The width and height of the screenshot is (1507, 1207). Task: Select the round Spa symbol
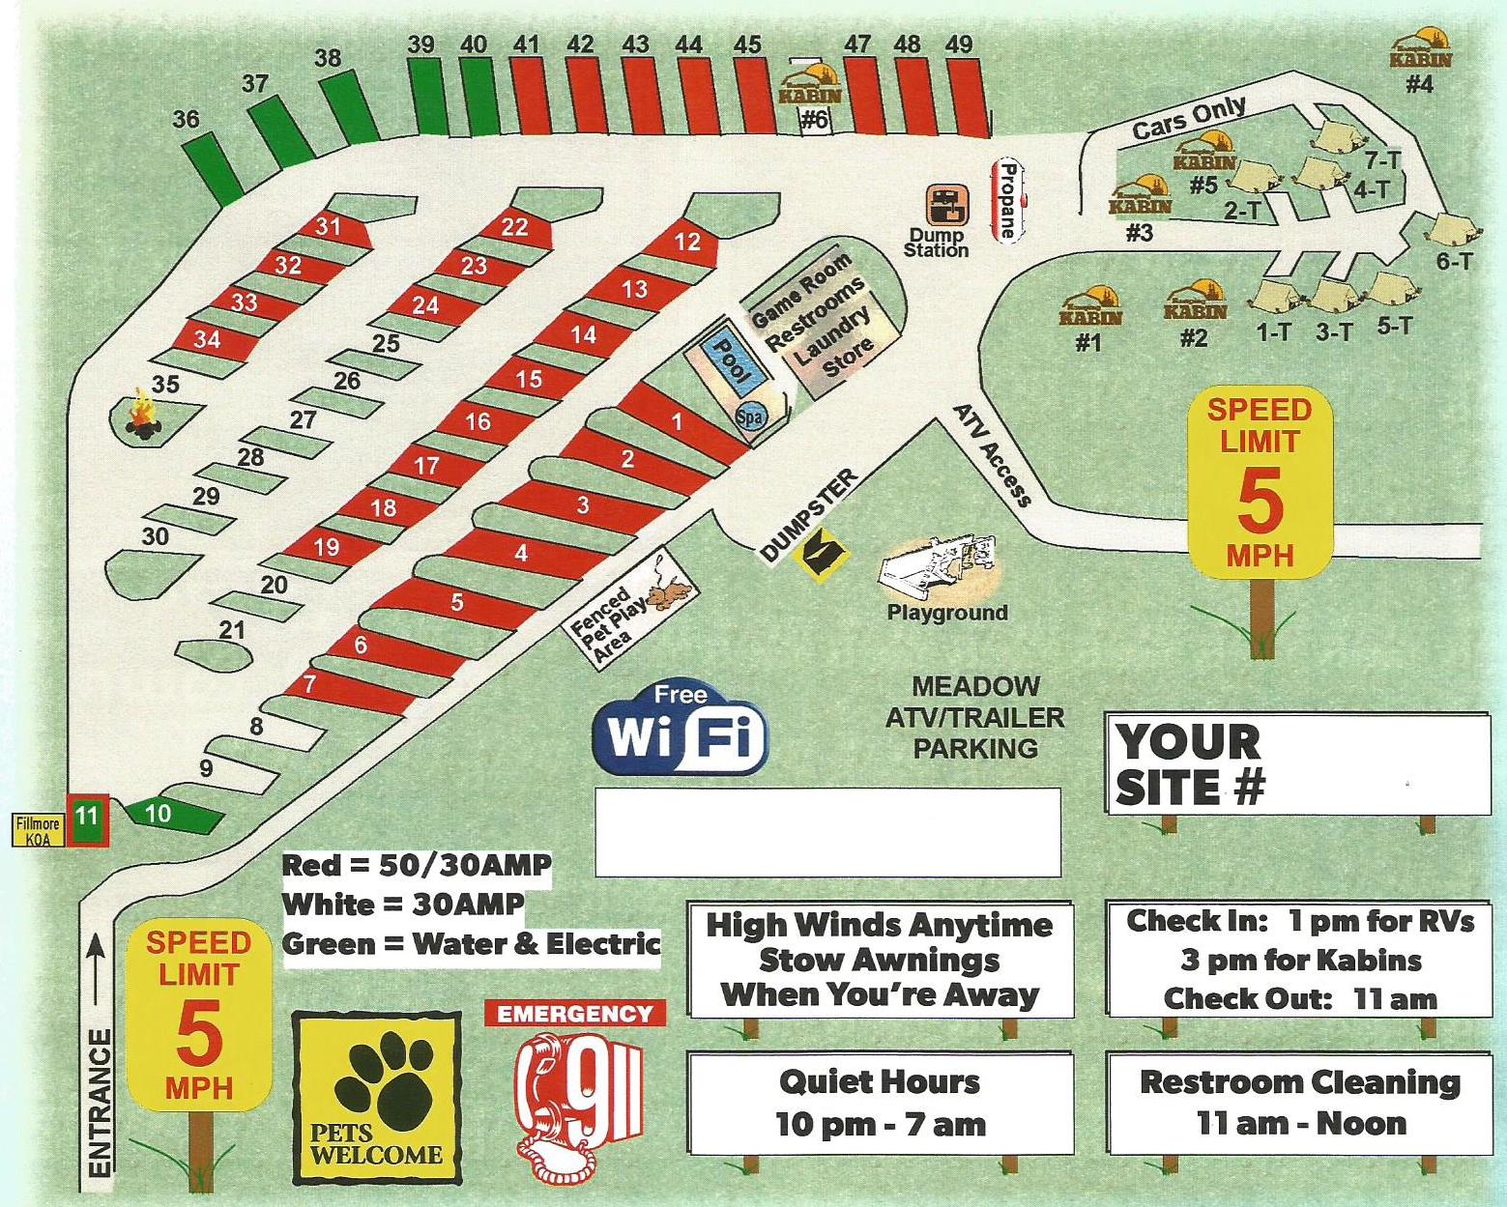click(750, 417)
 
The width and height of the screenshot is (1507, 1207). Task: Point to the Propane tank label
click(1007, 200)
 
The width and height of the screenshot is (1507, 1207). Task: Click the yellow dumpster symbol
click(820, 555)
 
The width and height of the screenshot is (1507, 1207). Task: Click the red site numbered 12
click(686, 242)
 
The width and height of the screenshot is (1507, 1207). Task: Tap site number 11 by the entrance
click(87, 817)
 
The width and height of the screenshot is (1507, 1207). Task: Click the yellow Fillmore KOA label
click(39, 830)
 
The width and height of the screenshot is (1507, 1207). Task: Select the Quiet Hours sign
click(880, 1103)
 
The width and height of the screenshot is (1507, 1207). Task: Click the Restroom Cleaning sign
click(1299, 1102)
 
